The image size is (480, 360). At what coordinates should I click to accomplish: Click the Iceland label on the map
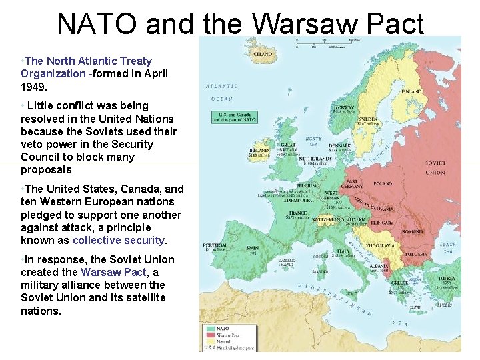click(261, 54)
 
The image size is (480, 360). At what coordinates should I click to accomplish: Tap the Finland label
click(411, 91)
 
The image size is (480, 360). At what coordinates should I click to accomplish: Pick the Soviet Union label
click(435, 167)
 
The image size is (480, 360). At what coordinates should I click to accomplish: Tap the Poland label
click(383, 183)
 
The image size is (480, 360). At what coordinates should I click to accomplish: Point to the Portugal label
click(215, 245)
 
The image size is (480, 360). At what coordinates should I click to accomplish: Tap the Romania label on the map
click(413, 231)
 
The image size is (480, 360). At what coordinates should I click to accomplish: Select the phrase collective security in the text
click(119, 240)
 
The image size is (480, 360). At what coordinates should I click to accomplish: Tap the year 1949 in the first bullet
click(33, 86)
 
